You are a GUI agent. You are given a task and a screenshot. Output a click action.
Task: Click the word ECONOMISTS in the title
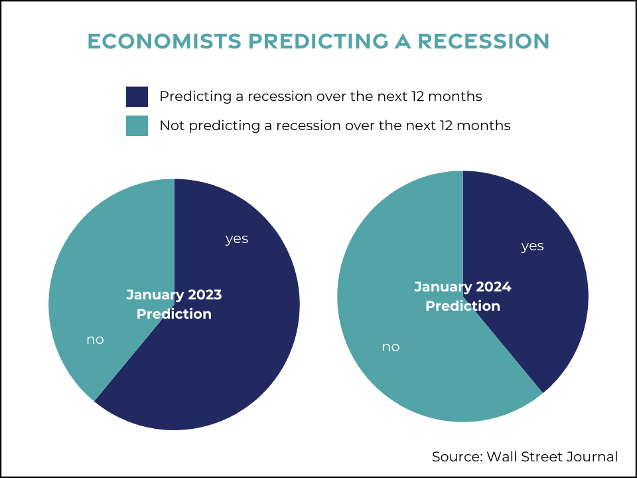165,41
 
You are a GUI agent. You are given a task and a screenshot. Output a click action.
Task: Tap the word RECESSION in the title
484,41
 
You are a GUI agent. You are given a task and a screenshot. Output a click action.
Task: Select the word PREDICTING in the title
318,41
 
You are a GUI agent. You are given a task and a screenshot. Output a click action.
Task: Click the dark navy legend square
137,97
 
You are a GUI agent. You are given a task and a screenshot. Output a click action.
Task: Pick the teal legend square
137,125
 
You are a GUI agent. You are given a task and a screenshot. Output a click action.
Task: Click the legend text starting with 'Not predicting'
334,125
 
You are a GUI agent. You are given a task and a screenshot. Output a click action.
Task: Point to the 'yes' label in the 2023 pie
237,239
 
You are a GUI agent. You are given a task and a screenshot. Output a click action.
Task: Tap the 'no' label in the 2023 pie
95,339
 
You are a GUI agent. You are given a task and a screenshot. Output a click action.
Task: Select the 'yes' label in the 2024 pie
532,246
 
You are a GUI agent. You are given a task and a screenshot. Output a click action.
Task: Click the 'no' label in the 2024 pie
391,347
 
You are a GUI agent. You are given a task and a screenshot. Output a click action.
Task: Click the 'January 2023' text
174,295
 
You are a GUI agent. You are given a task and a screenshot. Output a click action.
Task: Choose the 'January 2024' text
462,287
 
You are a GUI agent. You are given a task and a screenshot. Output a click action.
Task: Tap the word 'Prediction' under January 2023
174,314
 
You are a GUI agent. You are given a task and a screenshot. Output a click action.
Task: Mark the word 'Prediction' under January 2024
462,305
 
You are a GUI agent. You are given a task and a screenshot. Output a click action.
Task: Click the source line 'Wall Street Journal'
552,457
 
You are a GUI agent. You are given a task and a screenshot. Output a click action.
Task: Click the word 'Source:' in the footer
457,457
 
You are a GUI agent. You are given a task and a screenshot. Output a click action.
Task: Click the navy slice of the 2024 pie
528,285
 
